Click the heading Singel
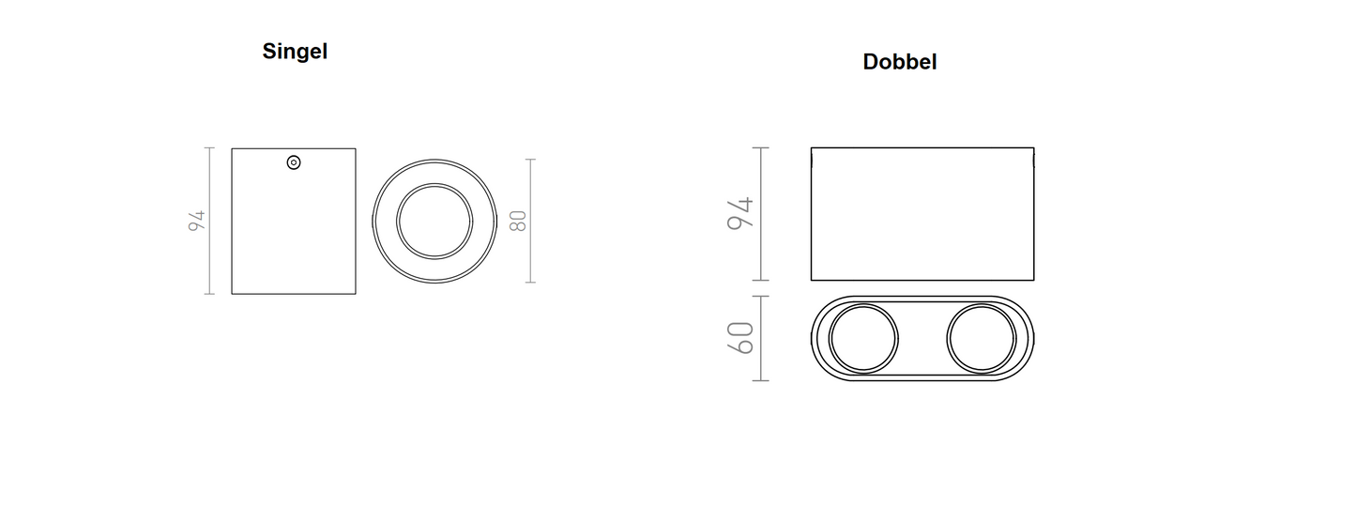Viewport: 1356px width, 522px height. click(295, 52)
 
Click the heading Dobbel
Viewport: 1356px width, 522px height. click(900, 62)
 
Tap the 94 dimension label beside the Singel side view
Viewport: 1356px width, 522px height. click(197, 221)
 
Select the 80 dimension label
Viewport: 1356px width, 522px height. click(518, 221)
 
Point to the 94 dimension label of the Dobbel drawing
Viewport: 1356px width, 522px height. click(739, 213)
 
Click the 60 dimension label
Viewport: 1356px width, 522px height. click(739, 338)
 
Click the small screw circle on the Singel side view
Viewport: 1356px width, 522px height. click(294, 162)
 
